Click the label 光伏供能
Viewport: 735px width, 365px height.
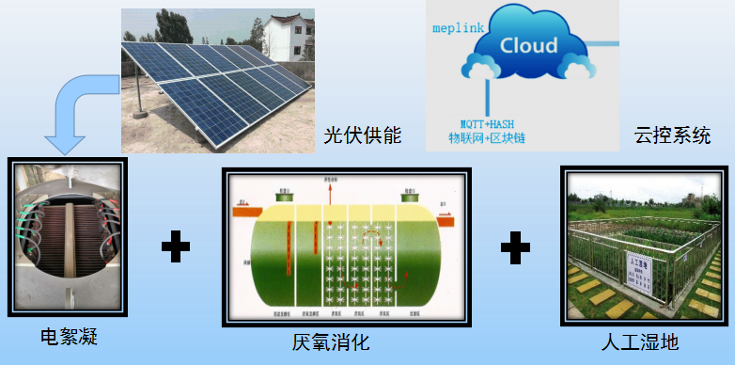pos(363,135)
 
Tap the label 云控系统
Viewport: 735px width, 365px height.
pos(672,135)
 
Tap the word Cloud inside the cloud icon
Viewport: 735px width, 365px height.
pos(528,45)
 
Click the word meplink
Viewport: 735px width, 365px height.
pos(458,29)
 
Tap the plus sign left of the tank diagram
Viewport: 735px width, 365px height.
pos(175,248)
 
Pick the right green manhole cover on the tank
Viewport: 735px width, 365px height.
pos(410,198)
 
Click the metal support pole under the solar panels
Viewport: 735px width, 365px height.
pos(140,94)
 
